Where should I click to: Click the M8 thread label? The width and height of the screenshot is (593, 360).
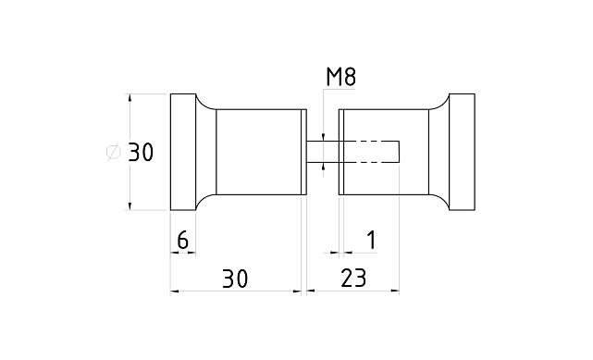point(340,77)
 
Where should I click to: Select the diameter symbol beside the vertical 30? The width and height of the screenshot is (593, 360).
point(113,152)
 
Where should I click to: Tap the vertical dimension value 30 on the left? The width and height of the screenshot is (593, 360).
point(141,153)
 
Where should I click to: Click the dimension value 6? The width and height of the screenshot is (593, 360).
point(182,240)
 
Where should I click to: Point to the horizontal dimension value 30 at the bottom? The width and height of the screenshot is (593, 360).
point(235,279)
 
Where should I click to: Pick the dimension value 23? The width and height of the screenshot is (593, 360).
point(353,279)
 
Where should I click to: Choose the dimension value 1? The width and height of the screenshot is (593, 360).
point(372,240)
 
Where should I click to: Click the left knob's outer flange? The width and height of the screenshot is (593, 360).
point(183,152)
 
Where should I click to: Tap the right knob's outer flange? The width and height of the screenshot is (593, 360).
point(462,152)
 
